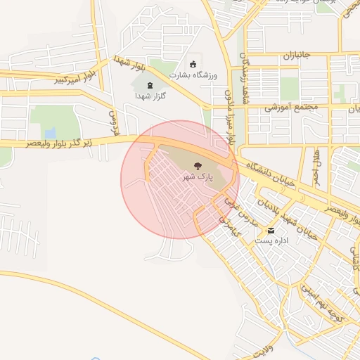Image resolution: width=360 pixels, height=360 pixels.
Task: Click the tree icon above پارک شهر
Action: click(x=198, y=167)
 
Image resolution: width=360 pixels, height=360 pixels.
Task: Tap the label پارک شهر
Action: click(x=198, y=178)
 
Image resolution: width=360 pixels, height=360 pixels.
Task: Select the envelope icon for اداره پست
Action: click(x=271, y=231)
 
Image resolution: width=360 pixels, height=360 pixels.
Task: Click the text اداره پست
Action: click(x=270, y=240)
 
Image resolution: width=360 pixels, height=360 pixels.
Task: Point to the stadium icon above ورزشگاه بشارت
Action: click(x=193, y=65)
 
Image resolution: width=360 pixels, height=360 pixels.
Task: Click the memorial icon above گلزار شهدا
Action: click(x=150, y=85)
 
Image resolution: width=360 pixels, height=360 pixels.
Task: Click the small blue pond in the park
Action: click(x=50, y=133)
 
